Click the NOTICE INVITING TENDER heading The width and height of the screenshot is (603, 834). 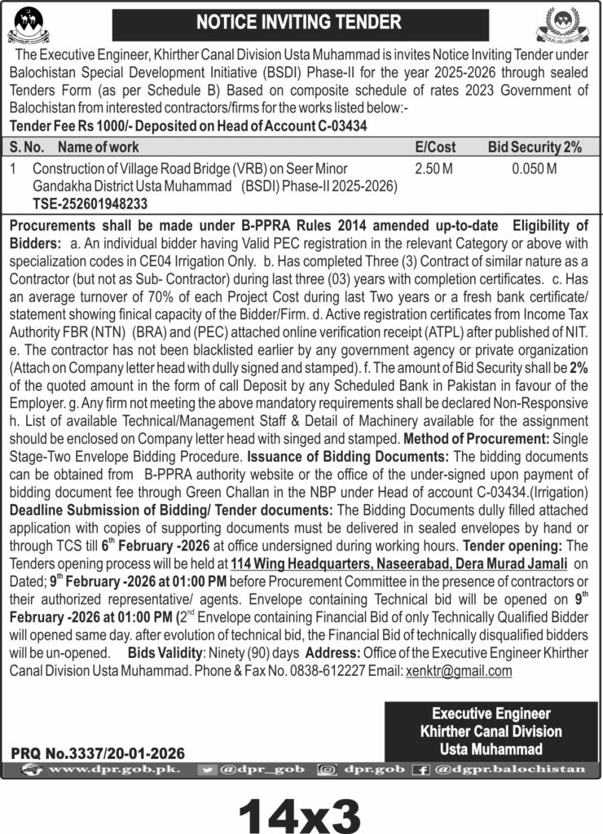(299, 22)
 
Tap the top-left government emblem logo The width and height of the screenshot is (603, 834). (28, 25)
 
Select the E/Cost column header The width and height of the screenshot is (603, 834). (435, 147)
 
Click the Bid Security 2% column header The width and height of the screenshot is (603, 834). (535, 147)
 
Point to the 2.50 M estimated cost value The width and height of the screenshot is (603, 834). (433, 169)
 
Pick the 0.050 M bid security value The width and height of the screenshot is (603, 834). (535, 169)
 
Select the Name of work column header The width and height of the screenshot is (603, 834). (98, 147)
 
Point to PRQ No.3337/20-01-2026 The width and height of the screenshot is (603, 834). (99, 753)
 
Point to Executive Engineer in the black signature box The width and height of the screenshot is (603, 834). (491, 713)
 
